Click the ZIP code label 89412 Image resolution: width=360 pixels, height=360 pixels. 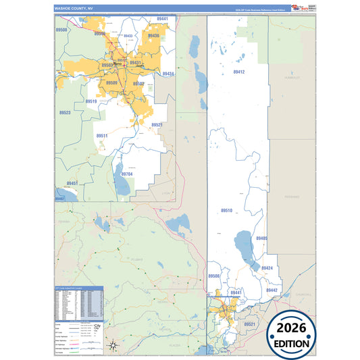[238, 71]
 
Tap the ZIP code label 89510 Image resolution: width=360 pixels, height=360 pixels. [226, 211]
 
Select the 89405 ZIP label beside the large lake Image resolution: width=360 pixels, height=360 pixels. [261, 238]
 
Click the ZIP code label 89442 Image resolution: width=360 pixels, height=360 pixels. [272, 290]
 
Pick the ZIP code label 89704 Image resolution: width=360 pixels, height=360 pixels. [128, 174]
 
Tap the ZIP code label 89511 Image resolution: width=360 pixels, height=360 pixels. [102, 136]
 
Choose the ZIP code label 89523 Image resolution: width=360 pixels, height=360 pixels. [65, 113]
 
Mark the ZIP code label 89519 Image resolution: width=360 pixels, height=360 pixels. [91, 101]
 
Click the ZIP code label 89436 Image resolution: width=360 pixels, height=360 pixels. [153, 36]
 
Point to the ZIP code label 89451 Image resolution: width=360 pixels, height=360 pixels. [72, 183]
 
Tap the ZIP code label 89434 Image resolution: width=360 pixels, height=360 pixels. [168, 74]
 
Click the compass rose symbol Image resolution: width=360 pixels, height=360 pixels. [114, 346]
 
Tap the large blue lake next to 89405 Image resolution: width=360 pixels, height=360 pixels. [244, 242]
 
